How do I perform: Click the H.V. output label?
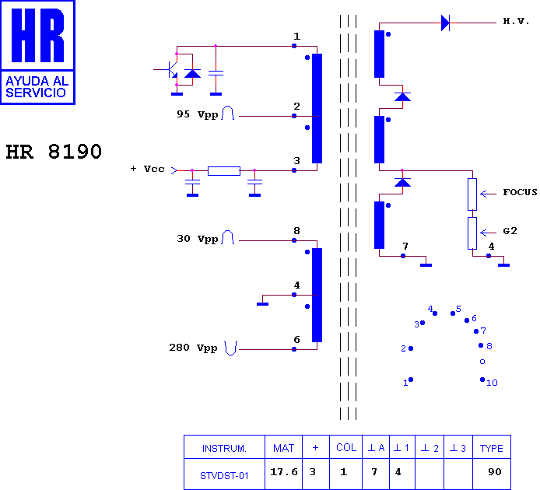point(516,21)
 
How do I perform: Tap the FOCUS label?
point(520,192)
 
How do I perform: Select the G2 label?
point(510,231)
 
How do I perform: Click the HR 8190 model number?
point(54,152)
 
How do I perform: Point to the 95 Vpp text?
point(198,114)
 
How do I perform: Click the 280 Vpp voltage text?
point(193,348)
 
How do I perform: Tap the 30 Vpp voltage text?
point(198,239)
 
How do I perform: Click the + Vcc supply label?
point(147,169)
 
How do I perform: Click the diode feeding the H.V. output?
point(445,23)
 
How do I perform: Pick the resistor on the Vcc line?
point(224,171)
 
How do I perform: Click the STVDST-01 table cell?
point(224,476)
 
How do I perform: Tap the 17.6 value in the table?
point(284,472)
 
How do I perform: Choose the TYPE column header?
point(492,448)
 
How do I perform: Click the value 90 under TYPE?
point(495,472)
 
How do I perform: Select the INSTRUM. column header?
point(224,449)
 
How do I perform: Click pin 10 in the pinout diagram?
point(482,380)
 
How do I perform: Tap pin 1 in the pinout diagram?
point(411,380)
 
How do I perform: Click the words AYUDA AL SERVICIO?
point(37,87)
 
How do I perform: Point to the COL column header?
point(346,448)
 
